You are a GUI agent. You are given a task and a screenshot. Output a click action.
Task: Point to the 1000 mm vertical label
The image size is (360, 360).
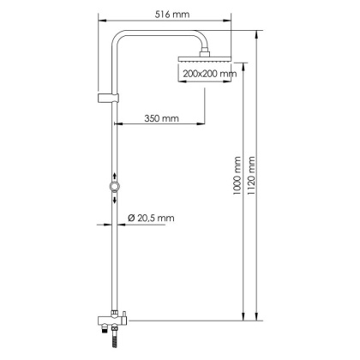pyautogui.click(x=237, y=177)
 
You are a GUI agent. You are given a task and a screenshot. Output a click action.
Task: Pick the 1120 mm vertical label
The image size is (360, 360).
pyautogui.click(x=251, y=177)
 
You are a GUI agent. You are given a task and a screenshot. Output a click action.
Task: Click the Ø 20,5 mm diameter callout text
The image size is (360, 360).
pyautogui.click(x=151, y=218)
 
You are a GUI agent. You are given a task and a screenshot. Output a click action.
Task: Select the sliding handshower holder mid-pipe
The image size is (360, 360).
pyautogui.click(x=114, y=186)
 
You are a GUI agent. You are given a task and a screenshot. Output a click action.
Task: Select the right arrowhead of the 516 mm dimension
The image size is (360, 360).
pyautogui.click(x=232, y=23)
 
